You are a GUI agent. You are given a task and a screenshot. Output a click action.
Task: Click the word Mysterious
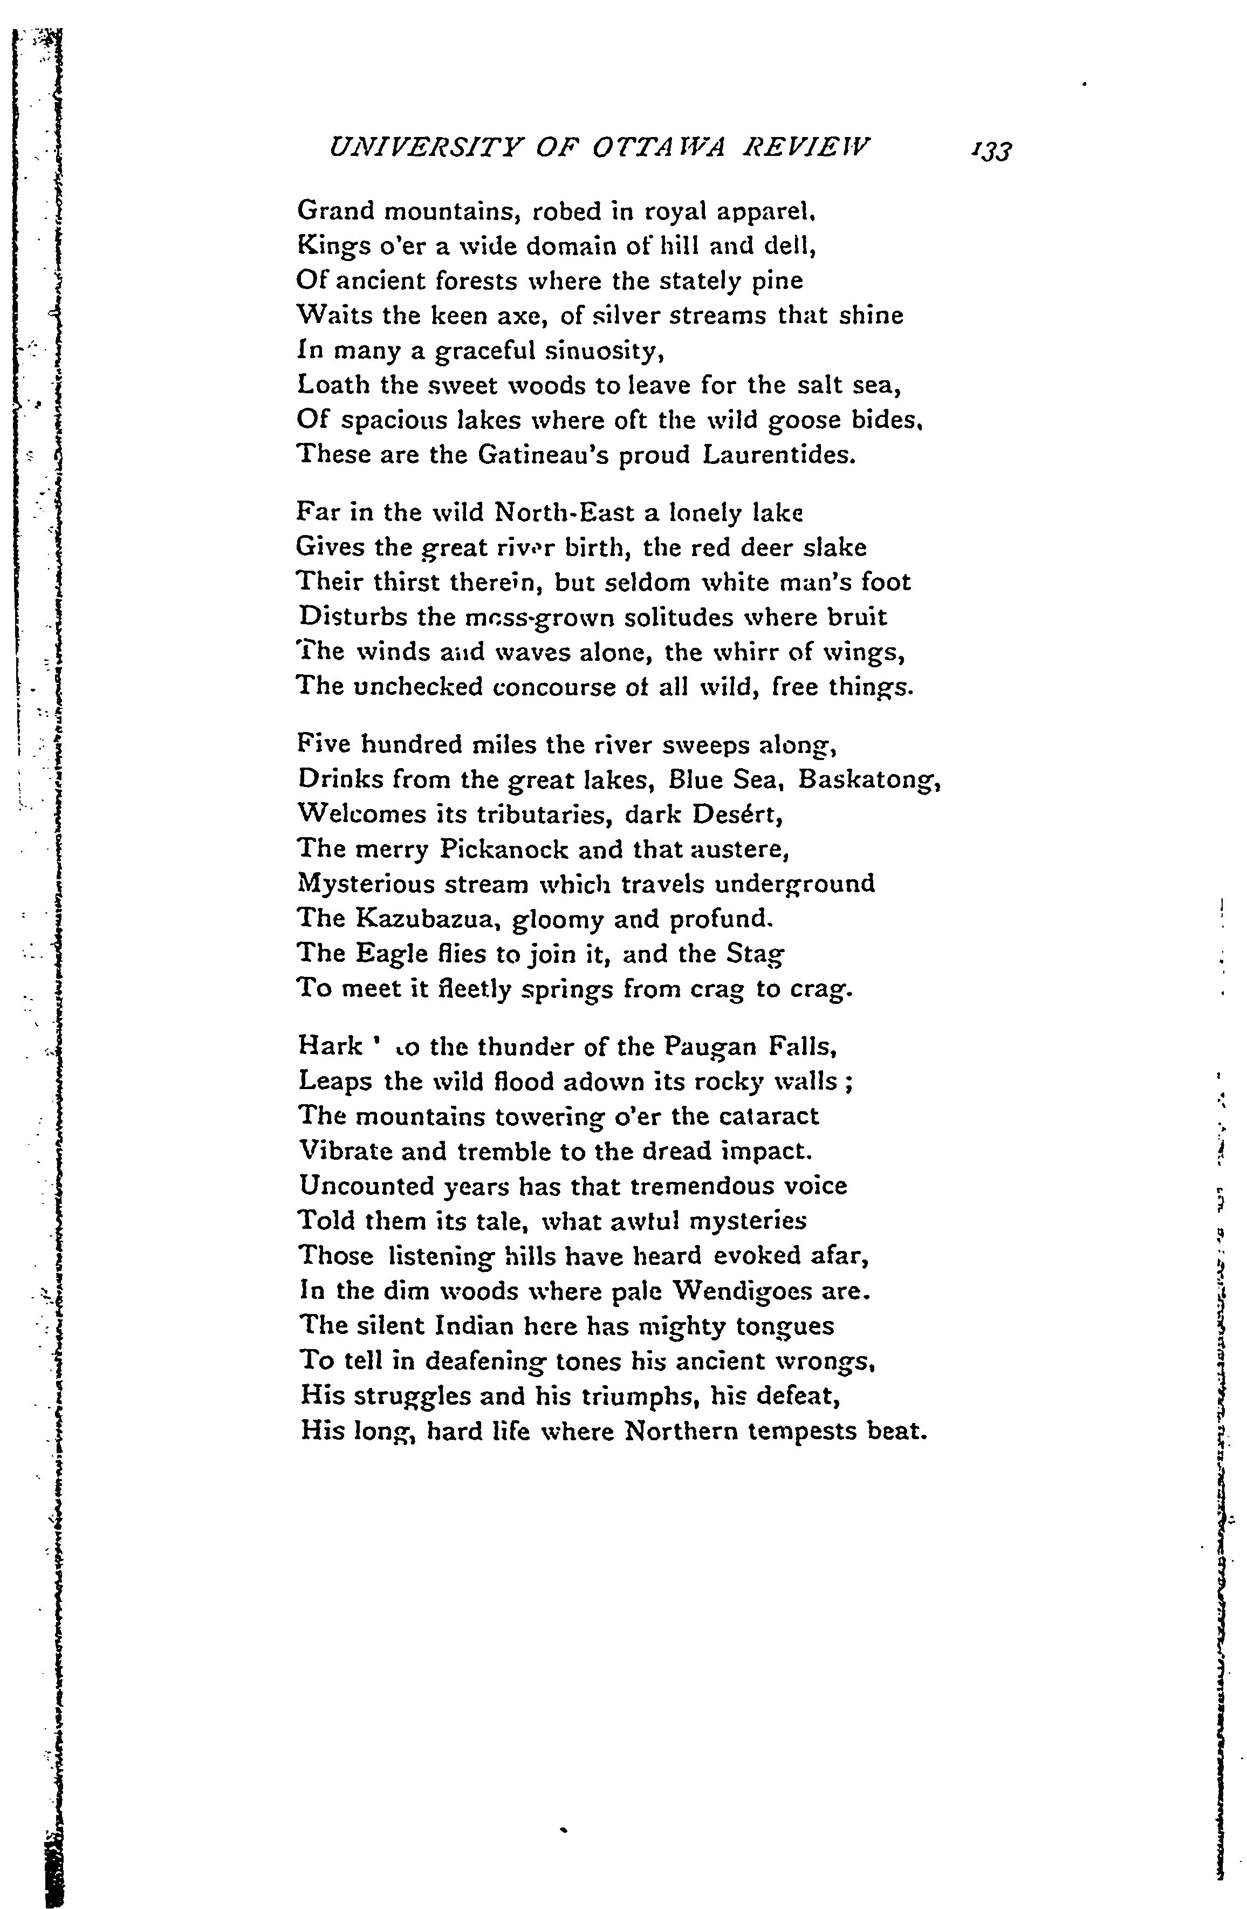click(366, 884)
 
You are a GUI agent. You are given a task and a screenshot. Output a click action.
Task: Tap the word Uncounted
click(366, 1186)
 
